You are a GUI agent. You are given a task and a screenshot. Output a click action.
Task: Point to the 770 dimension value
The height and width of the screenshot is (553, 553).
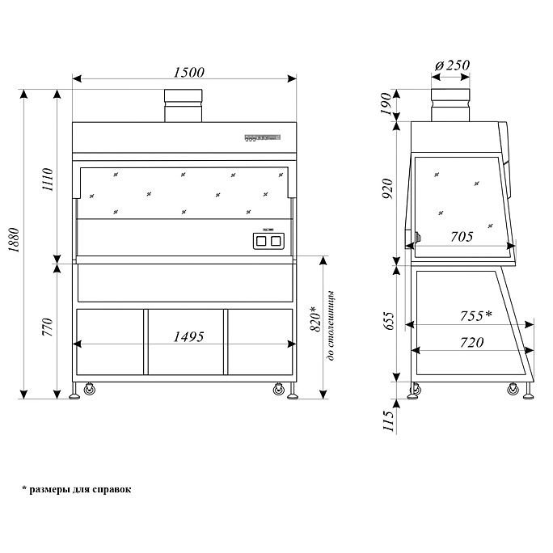[x=48, y=327]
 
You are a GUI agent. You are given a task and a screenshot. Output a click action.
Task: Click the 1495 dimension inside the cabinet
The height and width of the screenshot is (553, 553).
[x=185, y=336]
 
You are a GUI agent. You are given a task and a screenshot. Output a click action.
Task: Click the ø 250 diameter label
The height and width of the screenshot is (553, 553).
[x=452, y=65]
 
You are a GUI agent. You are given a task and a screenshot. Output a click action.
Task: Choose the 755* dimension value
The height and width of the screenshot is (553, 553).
[x=475, y=315]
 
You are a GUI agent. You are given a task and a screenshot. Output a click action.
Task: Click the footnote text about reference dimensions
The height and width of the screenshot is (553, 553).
[x=77, y=490]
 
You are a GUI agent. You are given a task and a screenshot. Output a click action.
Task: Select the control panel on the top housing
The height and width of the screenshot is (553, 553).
[x=262, y=137]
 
